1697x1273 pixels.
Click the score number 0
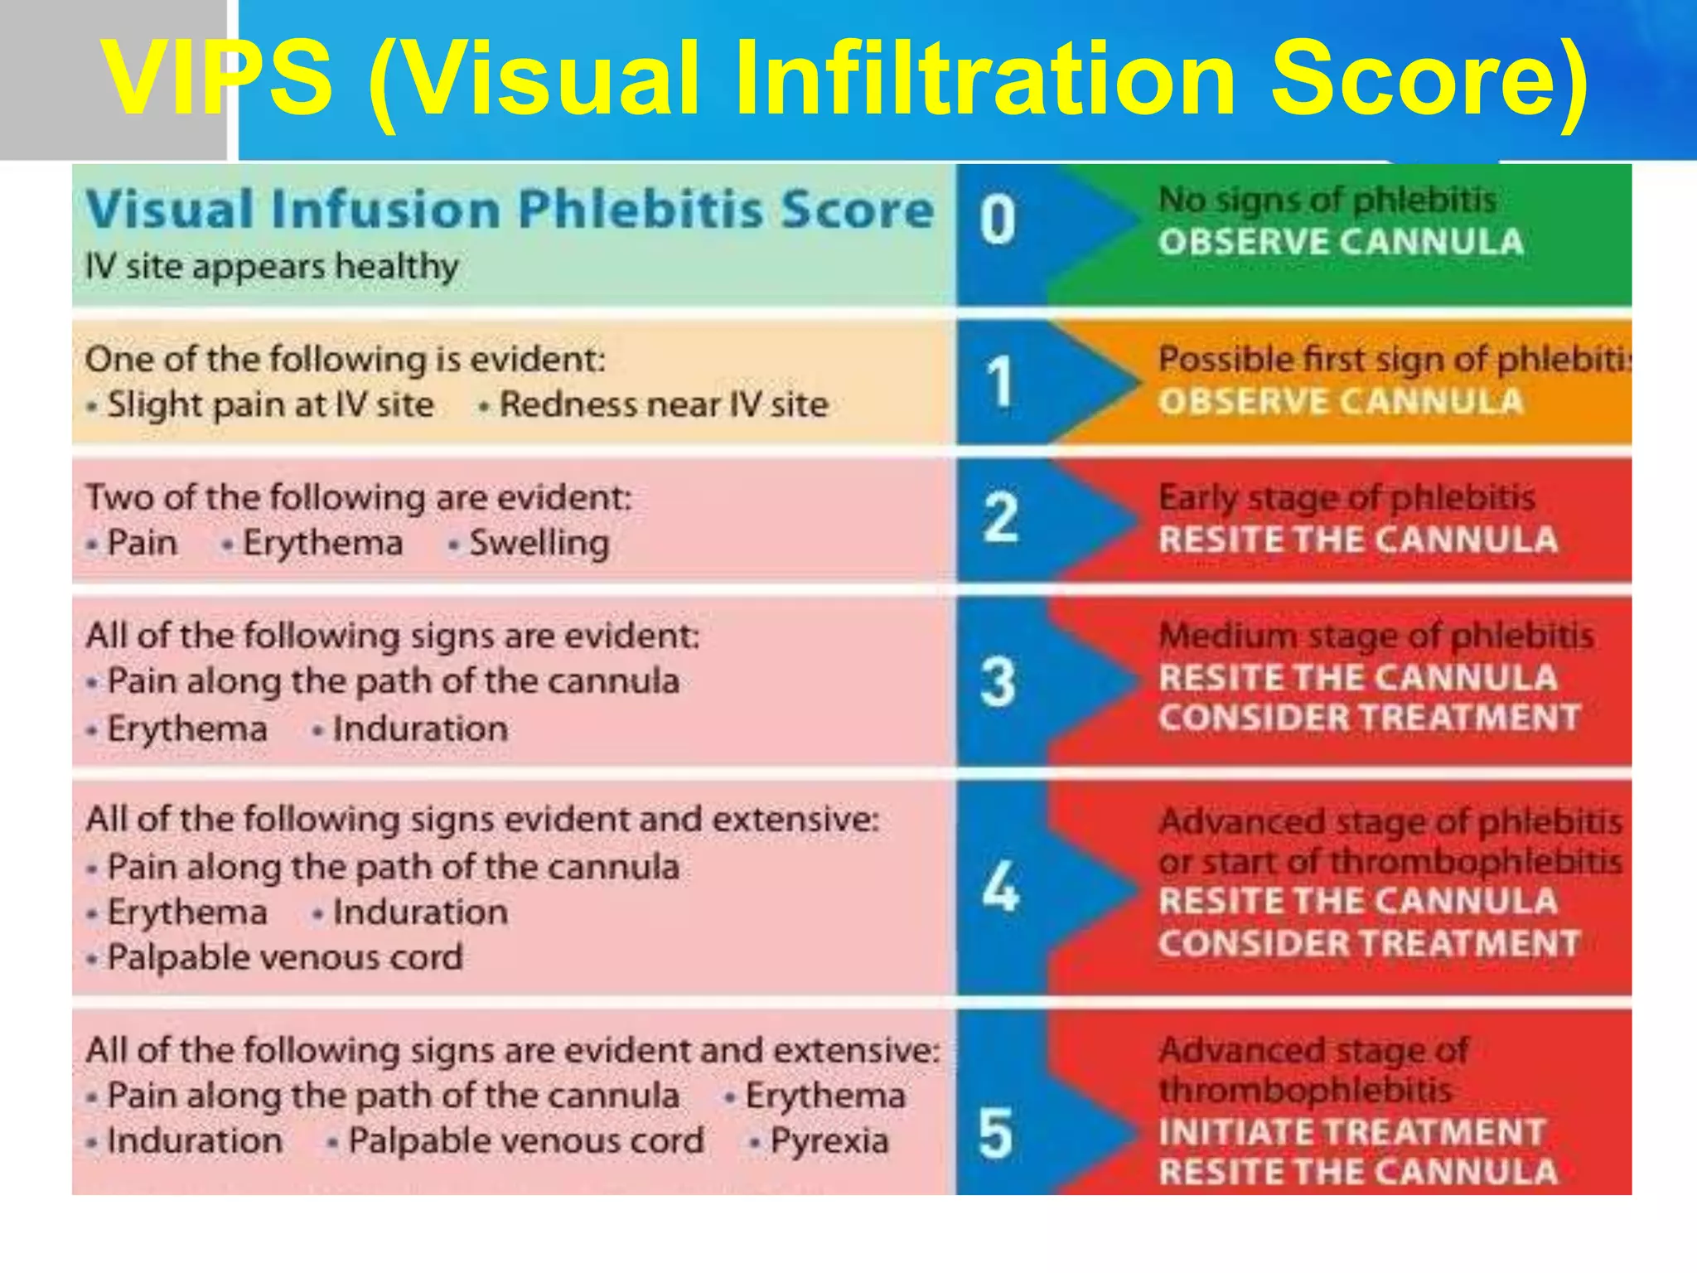coord(998,220)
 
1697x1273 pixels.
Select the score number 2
coord(1000,517)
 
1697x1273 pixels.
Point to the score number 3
coord(998,682)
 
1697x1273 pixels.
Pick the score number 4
coord(1000,886)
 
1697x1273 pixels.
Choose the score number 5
coord(996,1134)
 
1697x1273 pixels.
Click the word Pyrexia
coord(829,1141)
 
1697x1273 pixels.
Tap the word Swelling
coord(539,544)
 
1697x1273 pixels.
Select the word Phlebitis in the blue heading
coord(639,208)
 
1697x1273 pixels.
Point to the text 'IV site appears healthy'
coord(272,267)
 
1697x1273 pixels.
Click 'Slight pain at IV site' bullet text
coord(270,405)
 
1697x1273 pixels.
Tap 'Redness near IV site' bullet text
coord(664,405)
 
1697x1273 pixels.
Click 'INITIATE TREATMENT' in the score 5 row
coord(1351,1132)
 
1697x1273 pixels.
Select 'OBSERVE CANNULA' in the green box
coord(1341,242)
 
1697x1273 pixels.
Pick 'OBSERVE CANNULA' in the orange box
coord(1341,402)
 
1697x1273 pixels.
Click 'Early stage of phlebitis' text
coord(1346,498)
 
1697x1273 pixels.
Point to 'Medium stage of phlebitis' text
coord(1375,636)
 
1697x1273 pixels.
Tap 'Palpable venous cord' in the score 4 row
coord(284,958)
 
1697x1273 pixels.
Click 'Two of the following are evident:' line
coord(359,498)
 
